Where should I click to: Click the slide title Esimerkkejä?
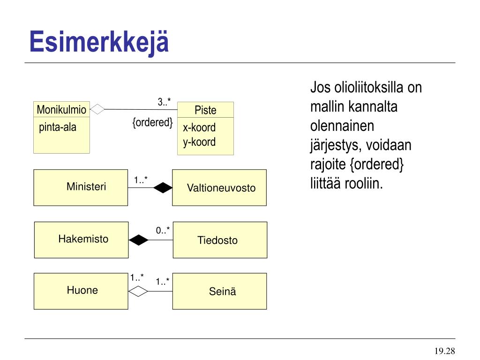click(x=98, y=42)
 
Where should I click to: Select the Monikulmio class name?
click(x=61, y=110)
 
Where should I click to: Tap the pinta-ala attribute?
click(x=58, y=127)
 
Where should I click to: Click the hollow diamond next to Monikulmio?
click(x=97, y=109)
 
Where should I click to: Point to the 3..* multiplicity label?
click(x=164, y=102)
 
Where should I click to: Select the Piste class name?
click(x=205, y=111)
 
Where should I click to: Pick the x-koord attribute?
click(x=199, y=127)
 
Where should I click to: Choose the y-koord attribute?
click(x=199, y=142)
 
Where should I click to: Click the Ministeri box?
click(x=81, y=187)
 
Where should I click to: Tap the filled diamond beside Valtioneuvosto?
click(x=163, y=187)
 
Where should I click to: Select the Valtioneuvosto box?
click(x=219, y=188)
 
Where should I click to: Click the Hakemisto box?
click(x=81, y=240)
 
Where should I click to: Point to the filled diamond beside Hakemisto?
click(x=139, y=240)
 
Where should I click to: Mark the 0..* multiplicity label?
click(x=163, y=230)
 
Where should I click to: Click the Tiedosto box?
click(x=220, y=240)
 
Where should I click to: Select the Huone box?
click(x=81, y=291)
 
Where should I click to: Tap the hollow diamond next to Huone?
click(x=138, y=292)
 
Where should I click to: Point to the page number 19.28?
click(x=444, y=351)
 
